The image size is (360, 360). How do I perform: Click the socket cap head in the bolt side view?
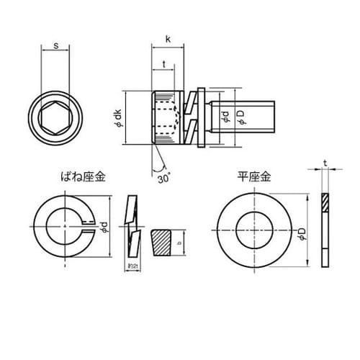pyautogui.click(x=166, y=115)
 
